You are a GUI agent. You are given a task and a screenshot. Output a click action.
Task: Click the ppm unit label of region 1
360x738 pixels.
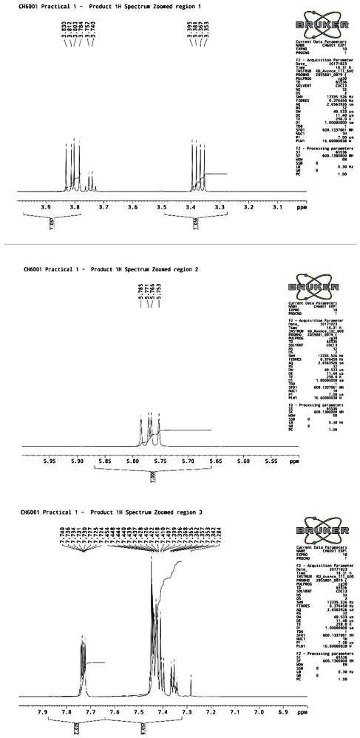300,209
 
